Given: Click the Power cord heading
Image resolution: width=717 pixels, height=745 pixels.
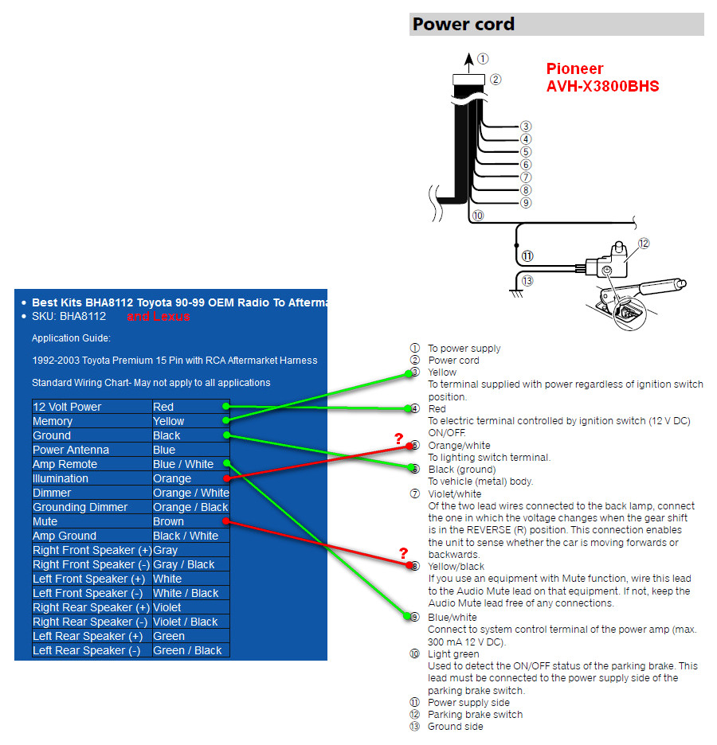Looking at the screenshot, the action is point(463,24).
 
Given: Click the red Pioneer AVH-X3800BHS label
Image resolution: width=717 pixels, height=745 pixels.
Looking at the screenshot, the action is point(602,77).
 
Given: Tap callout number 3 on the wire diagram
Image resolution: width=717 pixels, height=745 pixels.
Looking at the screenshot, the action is point(525,127).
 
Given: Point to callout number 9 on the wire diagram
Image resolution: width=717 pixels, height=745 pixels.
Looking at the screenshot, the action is point(525,203).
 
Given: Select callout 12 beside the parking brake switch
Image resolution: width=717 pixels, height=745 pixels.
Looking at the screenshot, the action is point(643,244).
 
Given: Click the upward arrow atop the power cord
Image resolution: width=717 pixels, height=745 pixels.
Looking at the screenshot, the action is point(468,63).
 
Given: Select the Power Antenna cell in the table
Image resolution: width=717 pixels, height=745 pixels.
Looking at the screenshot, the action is point(71,450).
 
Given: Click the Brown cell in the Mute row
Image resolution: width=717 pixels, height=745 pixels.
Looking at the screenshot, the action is point(168,521).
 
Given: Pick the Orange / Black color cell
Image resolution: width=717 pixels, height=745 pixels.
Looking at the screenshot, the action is point(190,508).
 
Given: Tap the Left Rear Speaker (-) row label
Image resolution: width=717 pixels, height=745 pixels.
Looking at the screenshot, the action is point(87,650).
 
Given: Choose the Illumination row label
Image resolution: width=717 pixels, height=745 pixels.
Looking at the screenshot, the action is point(61,478).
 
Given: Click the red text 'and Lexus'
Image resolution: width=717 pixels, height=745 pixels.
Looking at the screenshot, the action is point(159,317).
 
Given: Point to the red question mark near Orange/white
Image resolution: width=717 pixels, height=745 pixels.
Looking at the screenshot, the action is point(398,439).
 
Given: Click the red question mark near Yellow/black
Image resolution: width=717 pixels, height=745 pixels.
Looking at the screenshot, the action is point(403,553).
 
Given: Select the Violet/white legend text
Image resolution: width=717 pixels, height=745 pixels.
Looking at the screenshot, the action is point(455,494).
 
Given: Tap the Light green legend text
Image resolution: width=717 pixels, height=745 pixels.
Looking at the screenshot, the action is point(453,654).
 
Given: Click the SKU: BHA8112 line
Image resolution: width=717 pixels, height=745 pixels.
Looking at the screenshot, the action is point(69,317).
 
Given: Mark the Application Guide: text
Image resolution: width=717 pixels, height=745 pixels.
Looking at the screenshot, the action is point(72,338).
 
